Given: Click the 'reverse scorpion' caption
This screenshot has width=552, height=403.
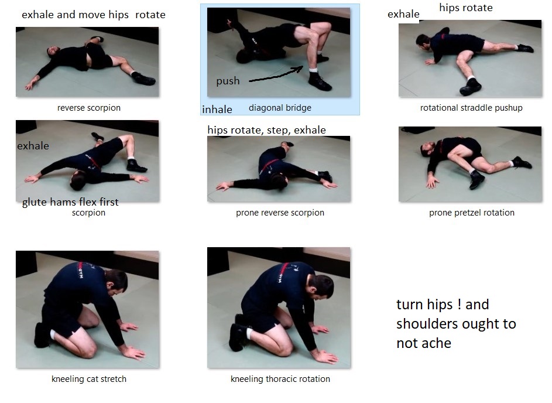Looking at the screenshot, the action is pyautogui.click(x=89, y=108).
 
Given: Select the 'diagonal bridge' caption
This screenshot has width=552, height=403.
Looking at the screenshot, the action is pyautogui.click(x=280, y=108).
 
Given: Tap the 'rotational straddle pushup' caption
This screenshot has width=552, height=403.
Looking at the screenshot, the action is pyautogui.click(x=471, y=108).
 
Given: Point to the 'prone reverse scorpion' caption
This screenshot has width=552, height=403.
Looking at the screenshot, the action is pyautogui.click(x=280, y=213).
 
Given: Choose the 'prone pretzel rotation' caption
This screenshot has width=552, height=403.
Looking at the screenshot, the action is pyautogui.click(x=472, y=213).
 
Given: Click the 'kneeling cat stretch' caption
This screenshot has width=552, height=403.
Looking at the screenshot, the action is pyautogui.click(x=89, y=379).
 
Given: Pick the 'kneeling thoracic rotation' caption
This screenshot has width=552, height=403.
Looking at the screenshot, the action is pyautogui.click(x=280, y=379).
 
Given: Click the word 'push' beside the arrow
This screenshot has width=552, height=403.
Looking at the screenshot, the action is pyautogui.click(x=228, y=81).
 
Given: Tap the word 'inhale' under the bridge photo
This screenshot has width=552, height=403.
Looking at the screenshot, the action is pyautogui.click(x=217, y=110).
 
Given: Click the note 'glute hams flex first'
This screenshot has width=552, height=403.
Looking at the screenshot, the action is pyautogui.click(x=70, y=202).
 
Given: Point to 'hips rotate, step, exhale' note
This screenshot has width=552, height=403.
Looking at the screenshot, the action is pyautogui.click(x=266, y=130).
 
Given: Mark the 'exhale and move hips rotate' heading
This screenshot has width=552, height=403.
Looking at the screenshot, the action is pyautogui.click(x=94, y=15).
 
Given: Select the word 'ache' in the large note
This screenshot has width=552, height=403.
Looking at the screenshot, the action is pyautogui.click(x=437, y=343).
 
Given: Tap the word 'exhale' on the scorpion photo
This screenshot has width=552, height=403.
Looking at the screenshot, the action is pyautogui.click(x=33, y=146).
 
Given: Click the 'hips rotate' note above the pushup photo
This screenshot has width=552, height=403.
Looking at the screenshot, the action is pyautogui.click(x=466, y=8).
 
